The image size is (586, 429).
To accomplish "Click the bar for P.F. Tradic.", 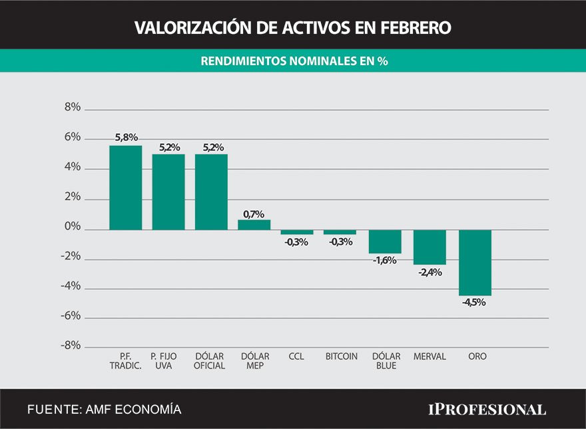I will pos(126,188).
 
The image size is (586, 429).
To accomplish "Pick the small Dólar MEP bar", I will pos(254,225).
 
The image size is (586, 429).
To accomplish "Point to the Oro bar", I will pos(475,263).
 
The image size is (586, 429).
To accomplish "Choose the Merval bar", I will pos(430,247).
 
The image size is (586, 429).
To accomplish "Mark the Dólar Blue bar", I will pos(386,241).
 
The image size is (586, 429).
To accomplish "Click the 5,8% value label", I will pos(126,138).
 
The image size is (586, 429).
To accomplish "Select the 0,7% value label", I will pos(254,214).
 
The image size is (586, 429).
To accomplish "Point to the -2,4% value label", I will pos(429,271).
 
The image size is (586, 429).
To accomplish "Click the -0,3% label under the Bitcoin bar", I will pos(340,241).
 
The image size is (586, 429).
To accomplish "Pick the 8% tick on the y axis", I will pos(72,108).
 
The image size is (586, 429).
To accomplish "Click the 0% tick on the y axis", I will pos(72,227).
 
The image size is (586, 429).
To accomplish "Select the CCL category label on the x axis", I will pos(296,357).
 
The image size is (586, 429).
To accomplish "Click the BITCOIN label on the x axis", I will pos(341,357).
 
